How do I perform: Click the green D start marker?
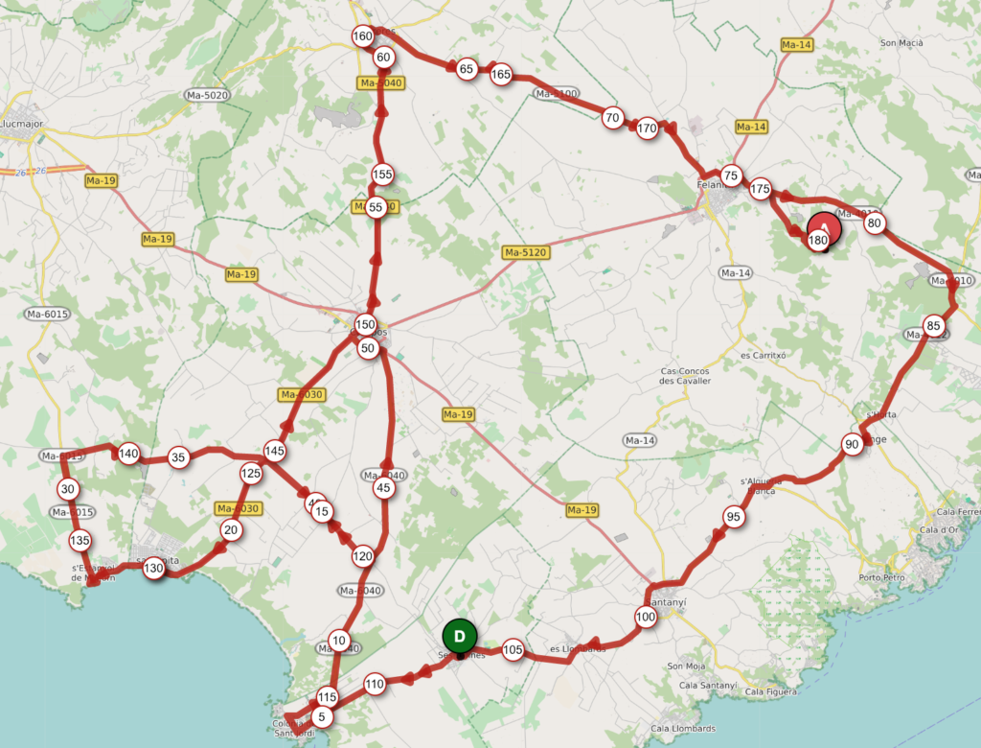pos(460,637)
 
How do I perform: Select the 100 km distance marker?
pos(646,617)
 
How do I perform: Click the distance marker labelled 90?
pos(852,444)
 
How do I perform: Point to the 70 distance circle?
pos(612,118)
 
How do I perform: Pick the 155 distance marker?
pos(382,175)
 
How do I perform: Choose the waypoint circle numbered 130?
pos(153,569)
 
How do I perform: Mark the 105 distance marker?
pos(513,649)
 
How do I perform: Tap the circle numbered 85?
pos(933,323)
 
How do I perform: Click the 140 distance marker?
pos(128,454)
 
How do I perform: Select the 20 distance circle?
pos(230,529)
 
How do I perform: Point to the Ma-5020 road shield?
pos(208,95)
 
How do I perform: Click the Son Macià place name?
pos(902,42)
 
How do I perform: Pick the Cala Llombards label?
pos(682,728)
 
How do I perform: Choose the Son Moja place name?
pos(686,666)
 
